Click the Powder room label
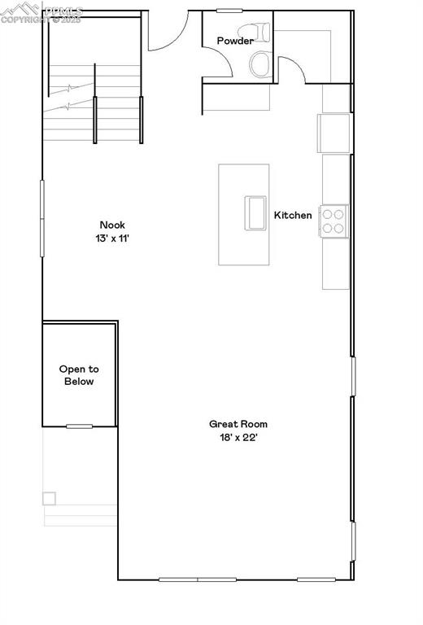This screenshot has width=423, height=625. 235,41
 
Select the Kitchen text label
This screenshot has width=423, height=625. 293,215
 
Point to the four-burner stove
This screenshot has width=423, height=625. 334,221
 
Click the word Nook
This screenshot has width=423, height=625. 112,225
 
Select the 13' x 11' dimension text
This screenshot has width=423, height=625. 112,239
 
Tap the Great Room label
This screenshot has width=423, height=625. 238,423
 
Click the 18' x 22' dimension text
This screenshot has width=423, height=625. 238,438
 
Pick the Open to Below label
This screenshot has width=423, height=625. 78,375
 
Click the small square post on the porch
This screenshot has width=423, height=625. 50,498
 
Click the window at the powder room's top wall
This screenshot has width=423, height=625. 229,10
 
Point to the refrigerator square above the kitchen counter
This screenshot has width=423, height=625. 334,133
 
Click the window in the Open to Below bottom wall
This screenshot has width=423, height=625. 79,426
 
